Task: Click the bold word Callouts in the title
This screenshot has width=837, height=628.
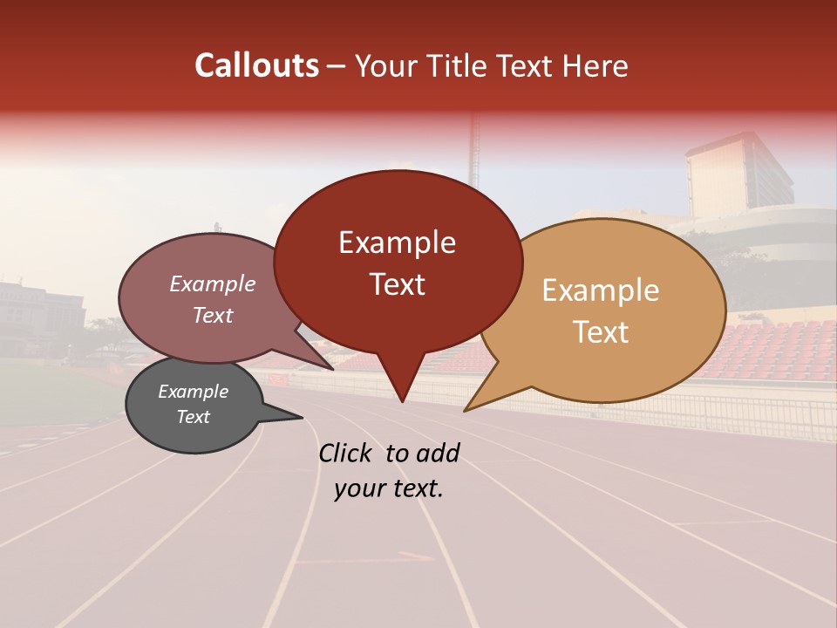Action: (256, 65)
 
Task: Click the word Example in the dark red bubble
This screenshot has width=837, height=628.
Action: (397, 242)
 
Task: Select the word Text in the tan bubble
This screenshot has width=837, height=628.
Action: (601, 332)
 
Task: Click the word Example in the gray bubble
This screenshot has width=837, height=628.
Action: (193, 392)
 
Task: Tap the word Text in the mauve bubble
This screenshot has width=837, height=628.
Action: (213, 315)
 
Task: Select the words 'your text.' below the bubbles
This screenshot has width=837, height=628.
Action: (389, 488)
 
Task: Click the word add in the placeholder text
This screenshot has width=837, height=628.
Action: (439, 453)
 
